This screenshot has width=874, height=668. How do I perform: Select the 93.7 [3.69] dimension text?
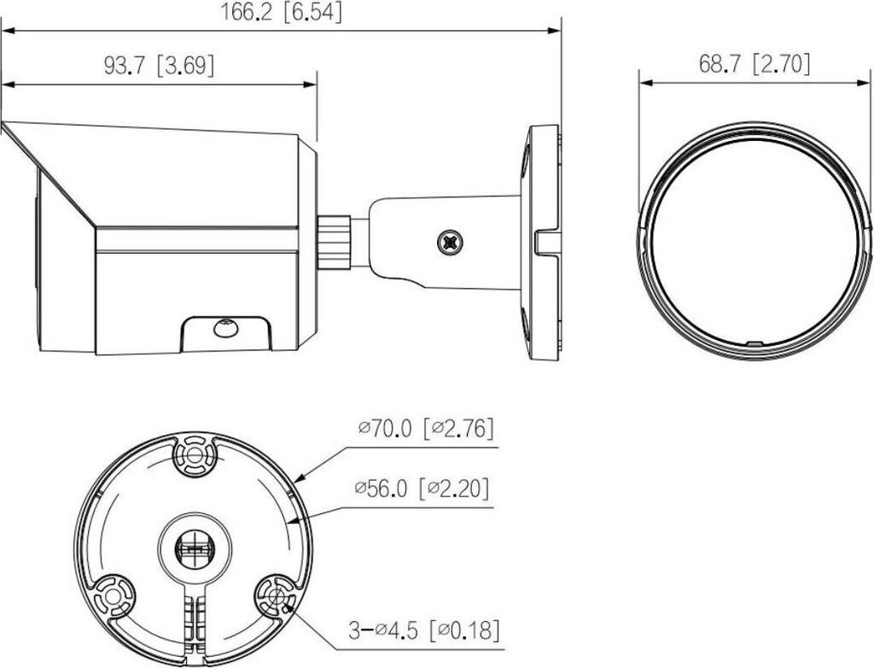click(159, 66)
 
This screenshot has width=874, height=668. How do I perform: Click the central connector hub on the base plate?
click(193, 545)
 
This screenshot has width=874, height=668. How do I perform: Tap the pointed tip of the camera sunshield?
click(3, 124)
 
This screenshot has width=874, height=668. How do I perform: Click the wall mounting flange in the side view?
click(543, 243)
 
